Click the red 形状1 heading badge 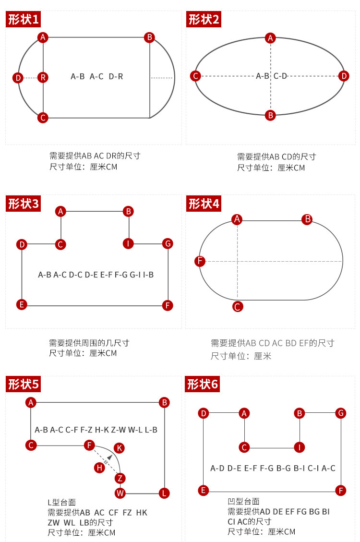coord(23,20)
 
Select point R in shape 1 coord(43,77)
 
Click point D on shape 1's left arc coord(18,77)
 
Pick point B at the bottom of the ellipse coord(270,115)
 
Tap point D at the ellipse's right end coord(343,76)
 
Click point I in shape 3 coord(128,243)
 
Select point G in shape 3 coord(168,243)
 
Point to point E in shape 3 coord(21,304)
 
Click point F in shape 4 coord(200,261)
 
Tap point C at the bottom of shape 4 coord(237,307)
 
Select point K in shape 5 coord(120,448)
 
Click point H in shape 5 coord(99,467)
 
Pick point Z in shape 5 coord(120,478)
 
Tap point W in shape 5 coord(120,493)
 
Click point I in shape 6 coord(300,447)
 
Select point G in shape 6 coord(341,413)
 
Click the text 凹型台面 coord(243,502)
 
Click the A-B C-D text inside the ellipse coord(271,76)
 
